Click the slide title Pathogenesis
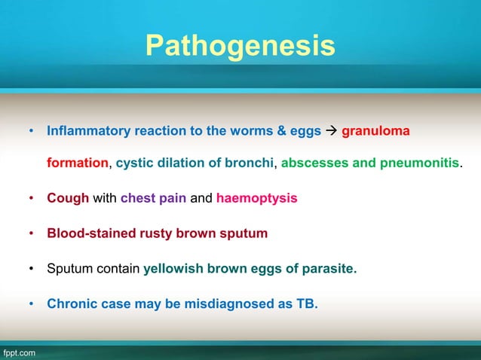240,46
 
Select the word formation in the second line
78,164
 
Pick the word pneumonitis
423,164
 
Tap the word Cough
68,199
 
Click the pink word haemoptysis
256,199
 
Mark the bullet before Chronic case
32,305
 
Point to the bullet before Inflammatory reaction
32,131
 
